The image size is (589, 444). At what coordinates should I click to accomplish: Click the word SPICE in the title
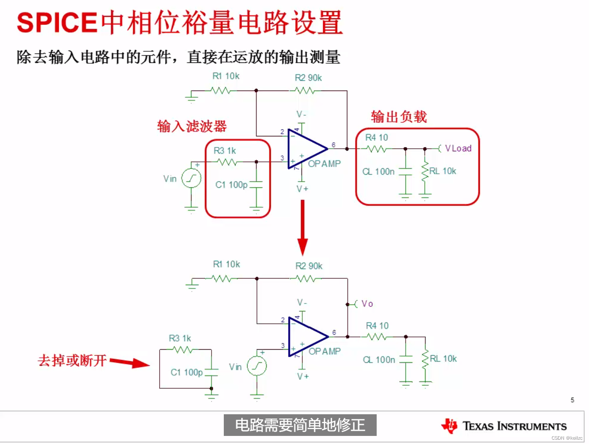pos(57,23)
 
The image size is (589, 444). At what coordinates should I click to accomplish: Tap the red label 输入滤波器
pos(192,126)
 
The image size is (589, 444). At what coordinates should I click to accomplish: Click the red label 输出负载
pos(399,116)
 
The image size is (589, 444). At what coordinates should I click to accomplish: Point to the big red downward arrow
pos(302,228)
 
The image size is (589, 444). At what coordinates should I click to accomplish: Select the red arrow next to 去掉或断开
pos(130,362)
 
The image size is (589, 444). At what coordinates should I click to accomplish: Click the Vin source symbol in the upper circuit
pos(191,178)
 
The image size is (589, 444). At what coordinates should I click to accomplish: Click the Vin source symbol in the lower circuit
pos(257,366)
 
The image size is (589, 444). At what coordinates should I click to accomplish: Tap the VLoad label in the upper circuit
pos(458,148)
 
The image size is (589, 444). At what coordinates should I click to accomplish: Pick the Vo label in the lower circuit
pos(367,304)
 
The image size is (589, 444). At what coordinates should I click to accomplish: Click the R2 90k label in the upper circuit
pos(308,78)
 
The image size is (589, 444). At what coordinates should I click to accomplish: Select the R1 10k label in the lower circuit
pos(226,264)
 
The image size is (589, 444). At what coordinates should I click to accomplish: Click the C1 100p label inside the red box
pos(231,185)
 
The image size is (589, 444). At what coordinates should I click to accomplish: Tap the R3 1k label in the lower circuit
pos(180,338)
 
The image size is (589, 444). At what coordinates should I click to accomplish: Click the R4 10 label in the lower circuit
pos(377,325)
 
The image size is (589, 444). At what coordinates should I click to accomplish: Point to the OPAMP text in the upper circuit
pos(324,164)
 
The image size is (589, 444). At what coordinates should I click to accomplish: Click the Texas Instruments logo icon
pos(449,426)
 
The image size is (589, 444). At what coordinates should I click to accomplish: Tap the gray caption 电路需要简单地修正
pos(300,425)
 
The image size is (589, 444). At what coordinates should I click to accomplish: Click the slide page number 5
pos(572,400)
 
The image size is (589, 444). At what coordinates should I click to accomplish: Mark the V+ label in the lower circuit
pos(303,376)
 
